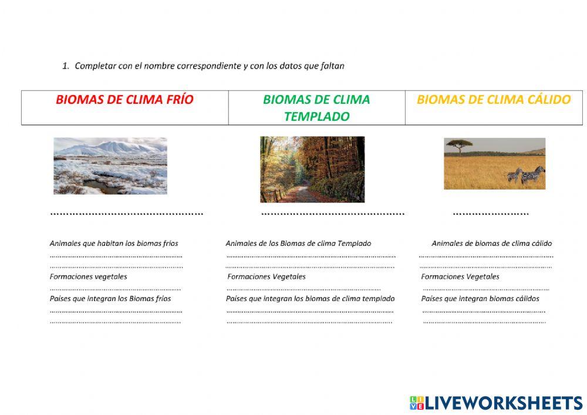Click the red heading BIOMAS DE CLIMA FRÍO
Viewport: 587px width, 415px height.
click(124, 100)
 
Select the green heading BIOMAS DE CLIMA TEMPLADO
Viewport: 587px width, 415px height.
click(316, 107)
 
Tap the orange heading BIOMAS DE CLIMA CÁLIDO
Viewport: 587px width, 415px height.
click(494, 100)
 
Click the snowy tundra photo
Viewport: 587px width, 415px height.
click(110, 166)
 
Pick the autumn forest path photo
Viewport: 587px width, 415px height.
click(312, 169)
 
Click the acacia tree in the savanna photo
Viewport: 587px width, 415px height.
click(459, 144)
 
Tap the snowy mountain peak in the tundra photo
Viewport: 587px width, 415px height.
click(117, 145)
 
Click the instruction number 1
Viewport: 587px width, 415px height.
click(65, 66)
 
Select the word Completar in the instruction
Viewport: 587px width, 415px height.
click(96, 66)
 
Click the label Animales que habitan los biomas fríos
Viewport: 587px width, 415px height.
click(114, 243)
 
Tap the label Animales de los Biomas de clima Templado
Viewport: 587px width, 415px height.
click(298, 243)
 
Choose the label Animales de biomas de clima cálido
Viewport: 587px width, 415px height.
click(491, 243)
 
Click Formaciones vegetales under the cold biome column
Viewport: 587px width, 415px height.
click(88, 276)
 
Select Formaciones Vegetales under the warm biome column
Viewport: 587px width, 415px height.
click(460, 276)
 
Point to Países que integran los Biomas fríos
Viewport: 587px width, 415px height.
click(110, 298)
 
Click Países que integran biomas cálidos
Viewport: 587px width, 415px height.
click(480, 298)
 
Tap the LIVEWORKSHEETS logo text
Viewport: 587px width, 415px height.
click(504, 403)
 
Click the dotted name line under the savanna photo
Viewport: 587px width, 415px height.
click(491, 214)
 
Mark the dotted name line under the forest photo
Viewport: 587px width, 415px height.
click(332, 214)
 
